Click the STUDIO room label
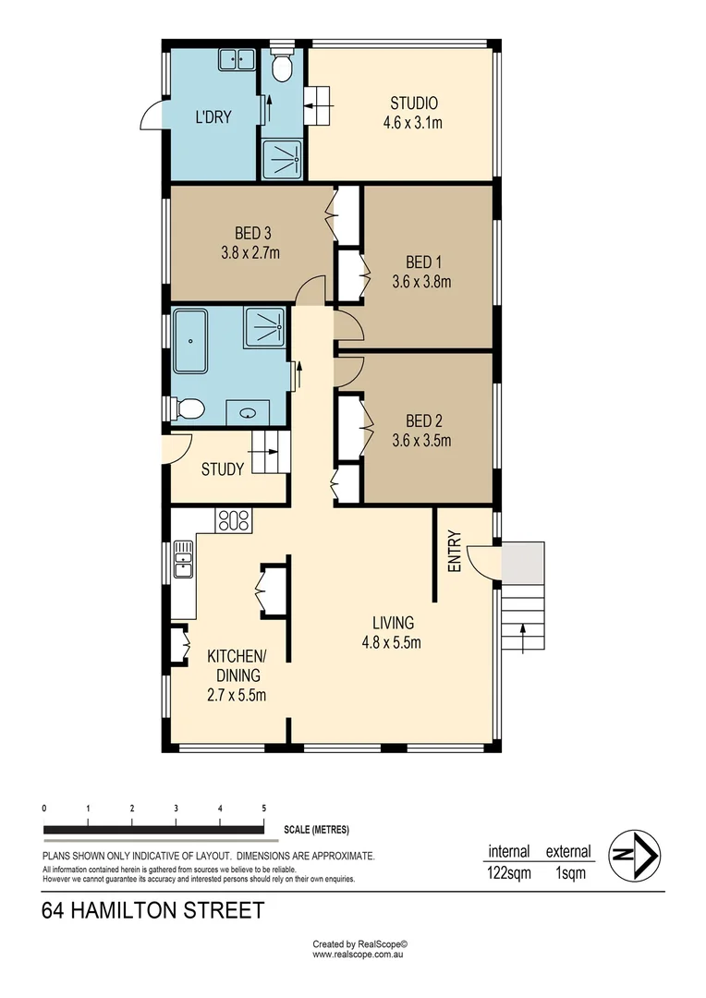pos(413,103)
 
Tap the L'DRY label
pos(213,117)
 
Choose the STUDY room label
pos(223,469)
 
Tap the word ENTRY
pos(454,551)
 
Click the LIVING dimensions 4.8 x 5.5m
pos(393,643)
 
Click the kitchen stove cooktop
pos(233,520)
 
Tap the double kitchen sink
pos(183,558)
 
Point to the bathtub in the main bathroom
pos(190,340)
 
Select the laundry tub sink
pos(237,61)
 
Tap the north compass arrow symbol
pos(632,855)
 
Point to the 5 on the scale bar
pos(264,808)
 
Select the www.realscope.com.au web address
pos(359,955)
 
